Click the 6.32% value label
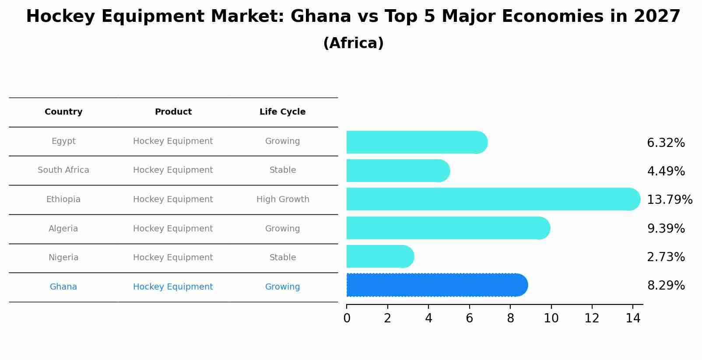pyautogui.click(x=666, y=143)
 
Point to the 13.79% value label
pyautogui.click(x=669, y=200)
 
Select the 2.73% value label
pyautogui.click(x=666, y=257)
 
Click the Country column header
pyautogui.click(x=63, y=112)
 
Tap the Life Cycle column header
pyautogui.click(x=282, y=112)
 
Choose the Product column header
pyautogui.click(x=173, y=112)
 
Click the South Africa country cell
pyautogui.click(x=63, y=170)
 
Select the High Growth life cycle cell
pyautogui.click(x=283, y=199)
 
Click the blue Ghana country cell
pyautogui.click(x=63, y=287)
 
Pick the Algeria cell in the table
pyautogui.click(x=63, y=229)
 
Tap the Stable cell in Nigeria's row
pyautogui.click(x=283, y=258)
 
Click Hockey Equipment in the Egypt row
pyautogui.click(x=173, y=141)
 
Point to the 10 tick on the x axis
pyautogui.click(x=551, y=318)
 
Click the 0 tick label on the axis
pyautogui.click(x=347, y=318)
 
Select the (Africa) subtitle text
pyautogui.click(x=353, y=43)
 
